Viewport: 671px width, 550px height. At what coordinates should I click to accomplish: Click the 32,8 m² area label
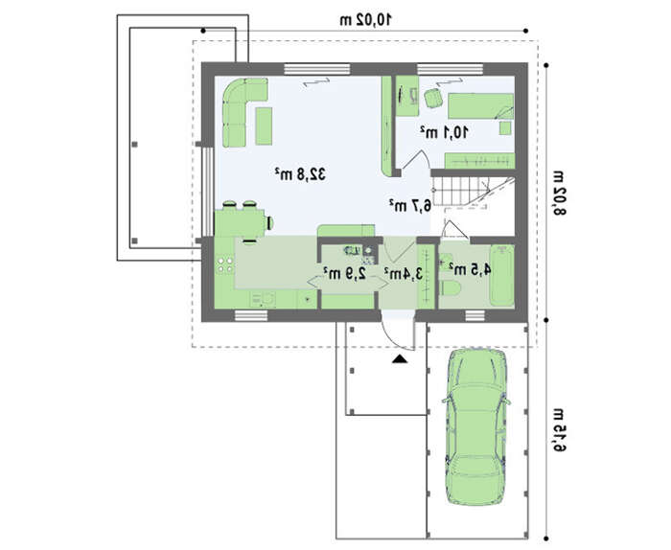tap(300, 174)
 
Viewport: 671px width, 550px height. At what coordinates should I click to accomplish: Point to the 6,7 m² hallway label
tap(410, 206)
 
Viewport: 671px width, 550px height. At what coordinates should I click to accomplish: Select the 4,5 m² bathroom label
tap(470, 269)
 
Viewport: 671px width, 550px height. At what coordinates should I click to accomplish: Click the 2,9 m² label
tap(345, 272)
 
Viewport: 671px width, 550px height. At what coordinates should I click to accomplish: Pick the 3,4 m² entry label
tap(404, 274)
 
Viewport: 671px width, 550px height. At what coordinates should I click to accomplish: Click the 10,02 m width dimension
tap(366, 20)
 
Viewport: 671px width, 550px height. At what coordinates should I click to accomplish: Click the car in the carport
tap(475, 426)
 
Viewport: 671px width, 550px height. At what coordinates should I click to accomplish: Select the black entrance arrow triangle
tap(400, 359)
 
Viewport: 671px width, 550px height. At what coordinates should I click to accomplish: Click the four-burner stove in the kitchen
tap(224, 264)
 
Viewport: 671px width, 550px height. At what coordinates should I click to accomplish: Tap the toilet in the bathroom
tap(450, 287)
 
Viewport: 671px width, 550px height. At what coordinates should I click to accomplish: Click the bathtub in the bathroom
tap(501, 275)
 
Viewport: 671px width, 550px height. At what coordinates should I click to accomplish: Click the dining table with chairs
tap(243, 222)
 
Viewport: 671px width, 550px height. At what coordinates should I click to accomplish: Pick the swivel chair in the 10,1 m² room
tap(433, 98)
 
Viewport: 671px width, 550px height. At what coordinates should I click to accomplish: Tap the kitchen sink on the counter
tap(264, 299)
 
